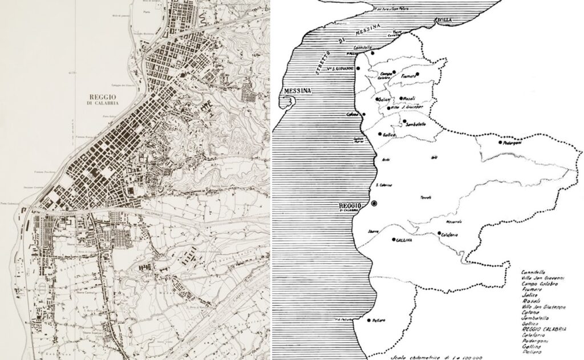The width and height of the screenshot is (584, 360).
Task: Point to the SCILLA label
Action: pos(444,20)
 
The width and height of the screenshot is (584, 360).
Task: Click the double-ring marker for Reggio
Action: pos(374,204)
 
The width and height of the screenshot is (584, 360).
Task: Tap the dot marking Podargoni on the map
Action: pos(500,143)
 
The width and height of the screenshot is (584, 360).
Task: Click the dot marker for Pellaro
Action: pos(370,320)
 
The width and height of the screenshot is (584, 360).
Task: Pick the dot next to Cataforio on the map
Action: pos(440,234)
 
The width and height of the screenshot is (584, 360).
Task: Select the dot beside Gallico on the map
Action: pos(380,134)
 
